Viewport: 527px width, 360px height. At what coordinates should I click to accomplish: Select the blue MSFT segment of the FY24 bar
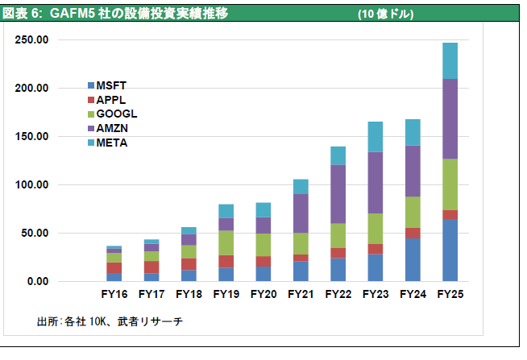[x=413, y=259]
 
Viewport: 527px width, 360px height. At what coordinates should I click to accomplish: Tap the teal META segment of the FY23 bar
[x=376, y=137]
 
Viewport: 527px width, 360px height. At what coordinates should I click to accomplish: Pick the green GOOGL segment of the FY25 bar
[x=450, y=184]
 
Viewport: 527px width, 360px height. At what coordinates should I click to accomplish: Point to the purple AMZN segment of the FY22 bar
[x=338, y=194]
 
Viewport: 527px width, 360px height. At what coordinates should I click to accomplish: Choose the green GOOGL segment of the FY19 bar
[x=226, y=243]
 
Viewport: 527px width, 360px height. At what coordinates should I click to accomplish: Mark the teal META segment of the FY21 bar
[x=301, y=187]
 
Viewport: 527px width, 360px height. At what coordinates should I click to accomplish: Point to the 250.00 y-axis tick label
[x=32, y=39]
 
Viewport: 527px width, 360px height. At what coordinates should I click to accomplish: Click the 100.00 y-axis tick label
[x=32, y=184]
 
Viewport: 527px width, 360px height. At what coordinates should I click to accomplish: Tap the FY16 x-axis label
[x=114, y=295]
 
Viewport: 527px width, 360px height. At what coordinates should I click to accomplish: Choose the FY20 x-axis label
[x=263, y=295]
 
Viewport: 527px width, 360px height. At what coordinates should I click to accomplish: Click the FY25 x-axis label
[x=450, y=295]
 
